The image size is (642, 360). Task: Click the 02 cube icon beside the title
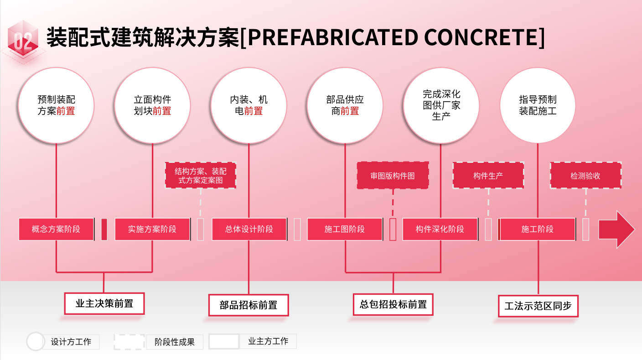[22, 40]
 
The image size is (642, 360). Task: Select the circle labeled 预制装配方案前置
[56, 105]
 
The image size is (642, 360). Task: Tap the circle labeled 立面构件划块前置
[152, 105]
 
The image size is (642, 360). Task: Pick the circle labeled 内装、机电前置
[249, 105]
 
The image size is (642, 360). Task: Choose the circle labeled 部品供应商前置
[345, 105]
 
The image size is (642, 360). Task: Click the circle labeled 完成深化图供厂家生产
[441, 105]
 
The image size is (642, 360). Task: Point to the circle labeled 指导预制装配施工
[538, 105]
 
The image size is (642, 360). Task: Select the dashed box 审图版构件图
[393, 176]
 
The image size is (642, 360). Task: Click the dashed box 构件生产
[488, 176]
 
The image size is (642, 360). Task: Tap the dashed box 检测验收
[585, 176]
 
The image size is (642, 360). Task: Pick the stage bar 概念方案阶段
[56, 229]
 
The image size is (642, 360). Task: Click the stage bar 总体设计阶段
[249, 229]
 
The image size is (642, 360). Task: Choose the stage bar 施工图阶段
[345, 229]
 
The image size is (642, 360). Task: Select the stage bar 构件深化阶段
[440, 229]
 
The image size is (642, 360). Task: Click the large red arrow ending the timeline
[616, 229]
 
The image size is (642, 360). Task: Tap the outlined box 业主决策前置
[104, 303]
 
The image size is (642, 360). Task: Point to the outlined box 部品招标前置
[249, 305]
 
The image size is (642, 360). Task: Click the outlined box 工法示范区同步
[538, 306]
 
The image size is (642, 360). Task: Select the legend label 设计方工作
[71, 342]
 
